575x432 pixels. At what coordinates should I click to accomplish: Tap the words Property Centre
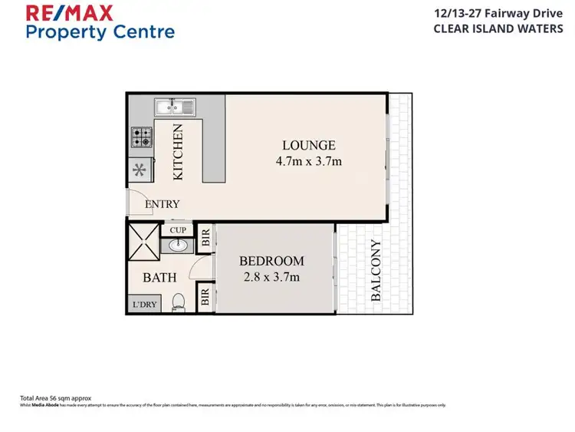[x=100, y=32]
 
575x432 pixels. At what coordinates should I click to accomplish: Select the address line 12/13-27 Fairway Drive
[x=501, y=14]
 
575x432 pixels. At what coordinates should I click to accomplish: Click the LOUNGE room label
[x=308, y=145]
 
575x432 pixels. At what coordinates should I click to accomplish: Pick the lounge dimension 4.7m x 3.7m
[x=308, y=161]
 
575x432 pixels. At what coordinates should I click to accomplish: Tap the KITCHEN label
[x=178, y=152]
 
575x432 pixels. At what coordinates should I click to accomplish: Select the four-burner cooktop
[x=141, y=137]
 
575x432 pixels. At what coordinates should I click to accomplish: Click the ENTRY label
[x=163, y=204]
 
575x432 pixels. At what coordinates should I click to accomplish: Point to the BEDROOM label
[x=271, y=261]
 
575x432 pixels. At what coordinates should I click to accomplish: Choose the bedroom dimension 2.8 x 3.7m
[x=271, y=277]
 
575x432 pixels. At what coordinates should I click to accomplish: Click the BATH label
[x=159, y=277]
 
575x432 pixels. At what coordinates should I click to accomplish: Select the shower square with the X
[x=143, y=240]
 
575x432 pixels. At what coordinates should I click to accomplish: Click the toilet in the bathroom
[x=179, y=303]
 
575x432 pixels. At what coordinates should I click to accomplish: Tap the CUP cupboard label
[x=178, y=230]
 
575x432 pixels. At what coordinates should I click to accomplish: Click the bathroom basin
[x=179, y=246]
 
